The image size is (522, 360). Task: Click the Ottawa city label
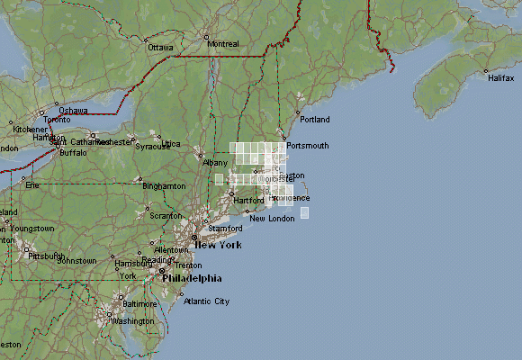click(x=160, y=47)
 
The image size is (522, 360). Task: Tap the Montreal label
click(x=223, y=43)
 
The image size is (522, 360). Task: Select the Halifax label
click(x=501, y=78)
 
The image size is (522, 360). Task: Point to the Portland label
click(x=315, y=120)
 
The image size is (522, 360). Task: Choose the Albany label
click(x=216, y=163)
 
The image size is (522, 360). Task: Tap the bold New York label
click(x=219, y=245)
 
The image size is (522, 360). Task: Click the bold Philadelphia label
click(x=190, y=278)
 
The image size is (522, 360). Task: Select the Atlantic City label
click(x=206, y=301)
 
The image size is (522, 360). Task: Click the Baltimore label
click(x=139, y=304)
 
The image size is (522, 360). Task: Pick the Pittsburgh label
click(x=46, y=256)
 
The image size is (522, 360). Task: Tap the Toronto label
click(x=57, y=119)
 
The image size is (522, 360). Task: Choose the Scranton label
click(x=166, y=216)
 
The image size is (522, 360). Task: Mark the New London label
click(x=272, y=219)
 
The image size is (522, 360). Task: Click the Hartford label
click(x=248, y=200)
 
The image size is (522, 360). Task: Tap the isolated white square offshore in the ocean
click(x=304, y=212)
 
